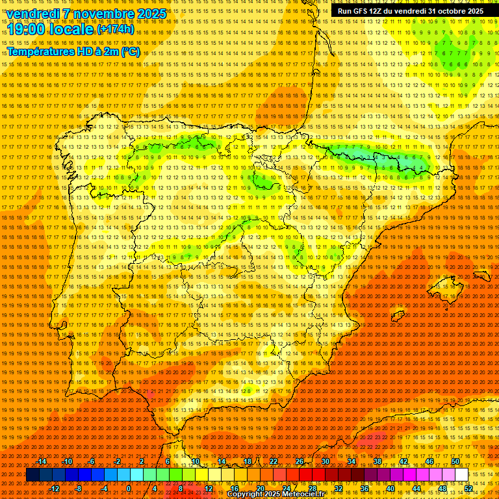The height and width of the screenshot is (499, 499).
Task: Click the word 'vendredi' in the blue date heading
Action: pyautogui.click(x=32, y=14)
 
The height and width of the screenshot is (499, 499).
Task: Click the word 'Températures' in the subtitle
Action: pyautogui.click(x=40, y=51)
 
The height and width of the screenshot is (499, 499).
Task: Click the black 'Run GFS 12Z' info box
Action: pyautogui.click(x=410, y=11)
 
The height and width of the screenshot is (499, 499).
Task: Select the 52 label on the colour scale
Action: pyautogui.click(x=468, y=489)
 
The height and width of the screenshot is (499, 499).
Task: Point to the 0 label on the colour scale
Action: pyautogui.click(x=129, y=489)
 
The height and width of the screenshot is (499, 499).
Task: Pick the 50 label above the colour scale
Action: pyautogui.click(x=455, y=461)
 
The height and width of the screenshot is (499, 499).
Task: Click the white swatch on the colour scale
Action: pyautogui.click(x=462, y=475)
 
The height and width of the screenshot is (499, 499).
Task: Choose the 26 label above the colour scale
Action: pyautogui.click(x=300, y=461)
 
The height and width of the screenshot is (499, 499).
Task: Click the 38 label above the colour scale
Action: pyautogui.click(x=377, y=461)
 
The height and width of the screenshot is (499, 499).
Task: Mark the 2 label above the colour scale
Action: pyautogui.click(x=142, y=461)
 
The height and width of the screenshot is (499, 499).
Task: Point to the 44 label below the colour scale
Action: pyautogui.click(x=416, y=489)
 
